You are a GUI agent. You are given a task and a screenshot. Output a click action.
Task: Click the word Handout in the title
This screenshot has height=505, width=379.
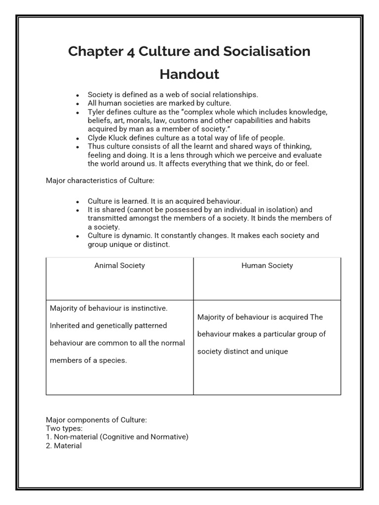click(189, 74)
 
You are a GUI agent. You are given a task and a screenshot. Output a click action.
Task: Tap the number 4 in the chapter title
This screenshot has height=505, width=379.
click(130, 51)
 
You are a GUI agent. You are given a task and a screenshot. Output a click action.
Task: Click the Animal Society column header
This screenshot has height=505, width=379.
click(119, 265)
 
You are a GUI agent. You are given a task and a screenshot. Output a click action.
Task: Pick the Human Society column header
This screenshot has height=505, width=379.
click(267, 265)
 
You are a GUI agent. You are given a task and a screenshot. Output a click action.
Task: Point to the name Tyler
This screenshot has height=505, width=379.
click(97, 112)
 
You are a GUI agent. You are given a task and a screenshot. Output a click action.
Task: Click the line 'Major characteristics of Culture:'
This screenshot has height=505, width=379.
click(100, 180)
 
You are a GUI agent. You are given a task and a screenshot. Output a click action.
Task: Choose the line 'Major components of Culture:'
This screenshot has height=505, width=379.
click(96, 420)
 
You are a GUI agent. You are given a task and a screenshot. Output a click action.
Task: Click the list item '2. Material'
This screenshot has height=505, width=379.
click(64, 445)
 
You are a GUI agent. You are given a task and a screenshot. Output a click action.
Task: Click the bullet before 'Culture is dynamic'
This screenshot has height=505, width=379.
click(78, 236)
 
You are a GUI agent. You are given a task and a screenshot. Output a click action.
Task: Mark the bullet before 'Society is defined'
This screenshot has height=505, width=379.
click(78, 95)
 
